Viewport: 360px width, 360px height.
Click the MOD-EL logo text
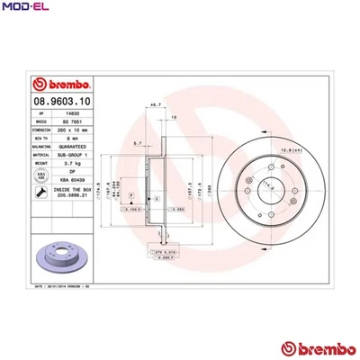(24, 8)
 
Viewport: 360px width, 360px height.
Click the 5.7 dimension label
(137, 143)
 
